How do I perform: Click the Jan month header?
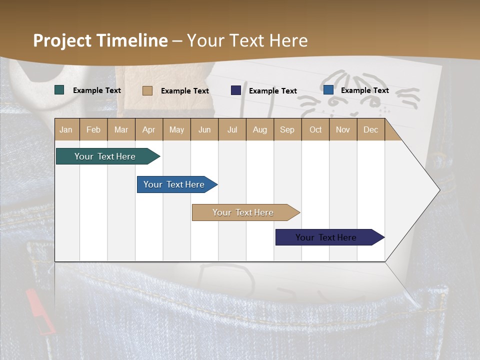(x=66, y=129)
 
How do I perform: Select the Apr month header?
(x=149, y=129)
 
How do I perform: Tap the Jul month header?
(x=232, y=129)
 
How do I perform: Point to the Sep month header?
(x=287, y=129)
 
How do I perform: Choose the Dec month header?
(x=370, y=129)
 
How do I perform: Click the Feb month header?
(x=93, y=129)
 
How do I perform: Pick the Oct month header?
(x=315, y=129)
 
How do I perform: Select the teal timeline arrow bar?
(x=105, y=156)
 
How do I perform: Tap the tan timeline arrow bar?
(x=243, y=212)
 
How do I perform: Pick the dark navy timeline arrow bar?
(x=326, y=237)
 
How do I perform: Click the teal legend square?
(x=59, y=90)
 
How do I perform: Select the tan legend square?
(x=147, y=90)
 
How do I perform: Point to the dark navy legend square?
(x=236, y=90)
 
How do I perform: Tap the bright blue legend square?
(x=328, y=90)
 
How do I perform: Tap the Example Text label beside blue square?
(x=364, y=90)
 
